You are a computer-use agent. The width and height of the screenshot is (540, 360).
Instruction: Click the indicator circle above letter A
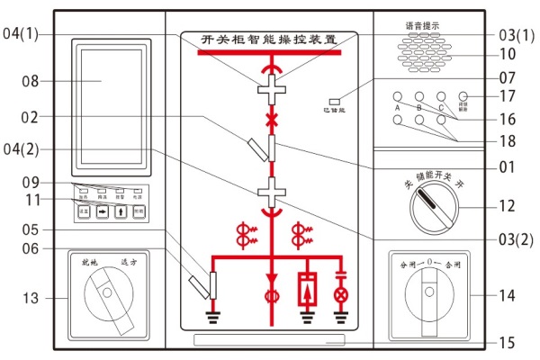click(x=397, y=96)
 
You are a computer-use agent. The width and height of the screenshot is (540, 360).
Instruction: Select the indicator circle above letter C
click(x=441, y=96)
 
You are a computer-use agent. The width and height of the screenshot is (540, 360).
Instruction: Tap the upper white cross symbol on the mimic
click(x=270, y=92)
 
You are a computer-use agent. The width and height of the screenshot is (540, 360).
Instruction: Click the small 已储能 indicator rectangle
click(x=334, y=101)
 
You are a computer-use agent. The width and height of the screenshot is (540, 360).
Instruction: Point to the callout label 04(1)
click(x=22, y=34)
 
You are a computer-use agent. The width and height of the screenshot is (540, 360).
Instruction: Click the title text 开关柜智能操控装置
click(x=270, y=40)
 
